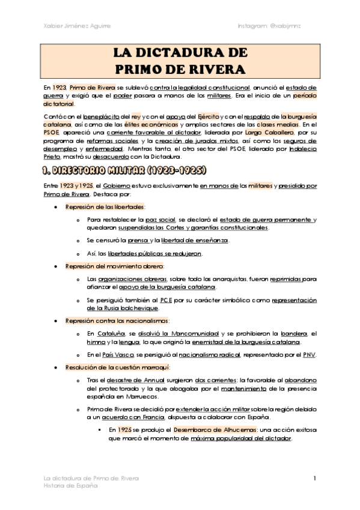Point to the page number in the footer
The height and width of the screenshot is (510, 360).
pos(314,478)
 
